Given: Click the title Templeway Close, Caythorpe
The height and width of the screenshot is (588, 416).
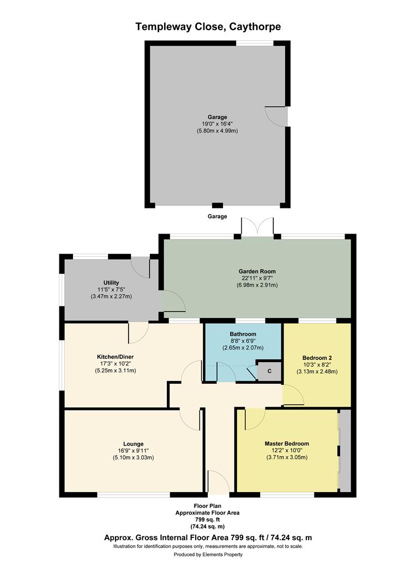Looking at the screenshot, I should click(x=208, y=26).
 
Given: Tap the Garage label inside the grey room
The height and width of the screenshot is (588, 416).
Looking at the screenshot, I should click(x=217, y=117).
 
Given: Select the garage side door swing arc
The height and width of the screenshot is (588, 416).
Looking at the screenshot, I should click(x=275, y=115).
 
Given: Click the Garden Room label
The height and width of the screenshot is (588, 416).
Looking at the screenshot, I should click(x=257, y=271).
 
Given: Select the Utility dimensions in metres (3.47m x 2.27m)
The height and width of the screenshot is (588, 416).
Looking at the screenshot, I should click(x=111, y=297).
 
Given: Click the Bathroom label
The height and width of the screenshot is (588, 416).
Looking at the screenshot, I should click(x=243, y=334).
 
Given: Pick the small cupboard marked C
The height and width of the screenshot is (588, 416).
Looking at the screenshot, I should click(x=269, y=371).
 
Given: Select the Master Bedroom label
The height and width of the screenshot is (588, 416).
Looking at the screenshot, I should click(x=287, y=444).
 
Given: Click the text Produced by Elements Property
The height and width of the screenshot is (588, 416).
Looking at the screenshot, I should click(x=208, y=555).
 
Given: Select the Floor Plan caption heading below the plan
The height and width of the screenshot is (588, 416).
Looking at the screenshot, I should click(x=207, y=506).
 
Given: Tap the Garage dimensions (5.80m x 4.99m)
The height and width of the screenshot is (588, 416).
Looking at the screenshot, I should click(x=217, y=131).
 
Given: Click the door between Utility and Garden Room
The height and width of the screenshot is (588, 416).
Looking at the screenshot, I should click(x=171, y=301).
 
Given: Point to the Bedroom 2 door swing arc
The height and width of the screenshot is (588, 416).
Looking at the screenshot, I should click(x=293, y=395).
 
